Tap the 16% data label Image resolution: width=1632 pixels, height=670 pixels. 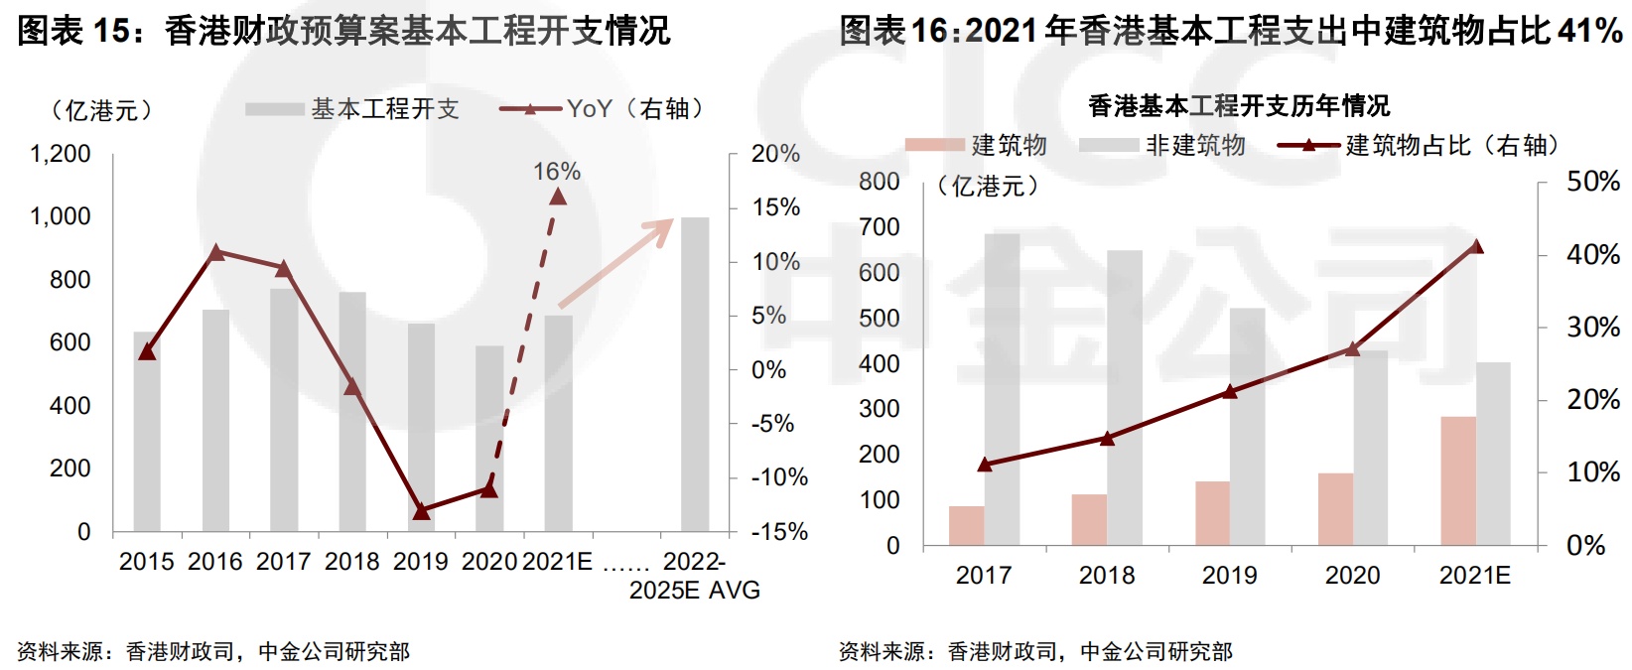coord(557,172)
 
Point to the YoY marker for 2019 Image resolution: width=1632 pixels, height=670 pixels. coord(421,511)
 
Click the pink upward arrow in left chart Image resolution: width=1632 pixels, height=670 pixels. coord(616,263)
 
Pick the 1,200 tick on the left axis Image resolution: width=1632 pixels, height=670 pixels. coord(61,154)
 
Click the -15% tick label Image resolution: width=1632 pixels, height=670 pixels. coord(780,532)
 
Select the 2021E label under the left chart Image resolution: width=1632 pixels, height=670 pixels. coord(557,562)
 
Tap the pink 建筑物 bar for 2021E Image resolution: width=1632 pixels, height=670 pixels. coord(1458,480)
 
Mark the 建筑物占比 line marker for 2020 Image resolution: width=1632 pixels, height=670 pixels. coord(1353,348)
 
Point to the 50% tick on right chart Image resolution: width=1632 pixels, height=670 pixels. coord(1592,182)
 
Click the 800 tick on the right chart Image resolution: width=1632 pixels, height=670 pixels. coord(880,182)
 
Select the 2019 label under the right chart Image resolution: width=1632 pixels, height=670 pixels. coord(1229,576)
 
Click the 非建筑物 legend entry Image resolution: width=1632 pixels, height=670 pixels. coord(1195,146)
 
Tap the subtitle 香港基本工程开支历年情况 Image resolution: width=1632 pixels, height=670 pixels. coord(1238,105)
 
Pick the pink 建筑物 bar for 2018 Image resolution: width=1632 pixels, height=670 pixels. coord(1089,519)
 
